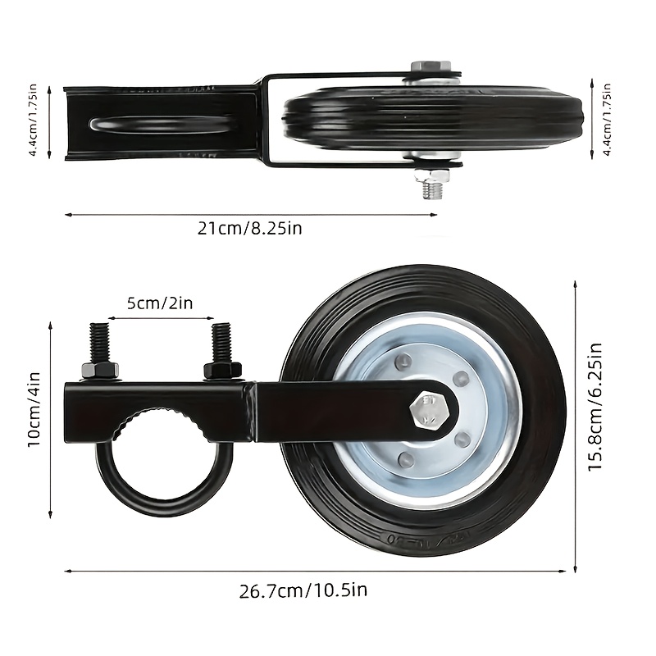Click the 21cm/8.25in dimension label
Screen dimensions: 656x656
pos(249,228)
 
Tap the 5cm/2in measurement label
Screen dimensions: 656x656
pos(160,303)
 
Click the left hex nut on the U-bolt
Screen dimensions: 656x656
pos(100,370)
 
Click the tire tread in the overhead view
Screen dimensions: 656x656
pos(508,123)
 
